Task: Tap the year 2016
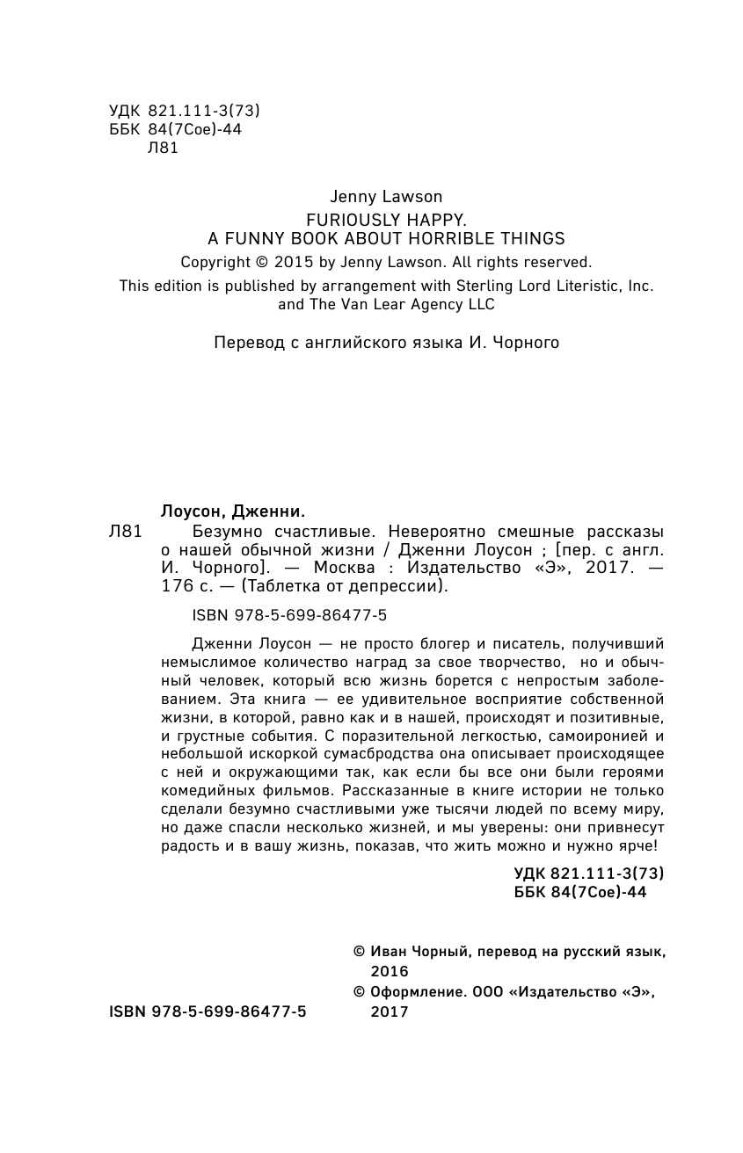click(x=390, y=971)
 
